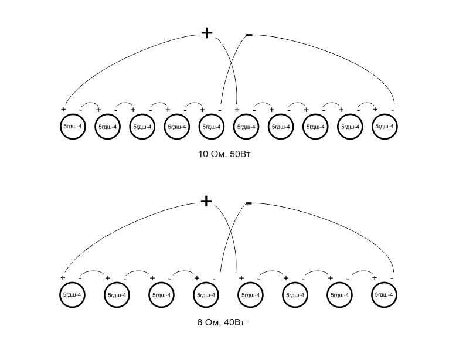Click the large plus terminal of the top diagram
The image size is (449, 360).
tap(206, 33)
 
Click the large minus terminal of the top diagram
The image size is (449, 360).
tap(249, 36)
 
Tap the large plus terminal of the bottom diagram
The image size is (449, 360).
tap(206, 201)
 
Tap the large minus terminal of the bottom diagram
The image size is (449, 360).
tap(249, 203)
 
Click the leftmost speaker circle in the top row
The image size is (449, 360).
tap(73, 127)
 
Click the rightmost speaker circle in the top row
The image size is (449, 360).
tap(385, 127)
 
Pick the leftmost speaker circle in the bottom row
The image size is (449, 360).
tap(73, 294)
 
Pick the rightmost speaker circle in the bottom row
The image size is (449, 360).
tap(385, 294)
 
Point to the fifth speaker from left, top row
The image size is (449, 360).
tap(211, 127)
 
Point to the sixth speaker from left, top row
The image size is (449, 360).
tap(246, 127)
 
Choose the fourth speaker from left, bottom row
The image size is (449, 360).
tap(206, 294)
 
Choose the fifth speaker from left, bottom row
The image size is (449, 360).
tap(251, 294)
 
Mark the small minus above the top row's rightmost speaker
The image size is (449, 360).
tap(392, 110)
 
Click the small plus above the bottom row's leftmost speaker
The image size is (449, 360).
tap(63, 277)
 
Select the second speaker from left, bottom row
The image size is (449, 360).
tap(117, 294)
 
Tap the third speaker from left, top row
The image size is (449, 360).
tap(142, 127)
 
